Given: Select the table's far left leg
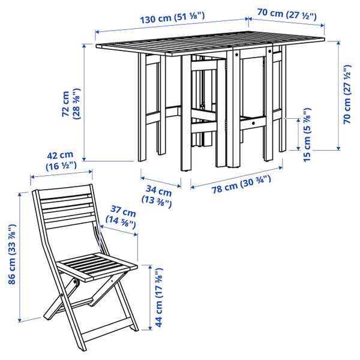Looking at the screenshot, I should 142,108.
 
